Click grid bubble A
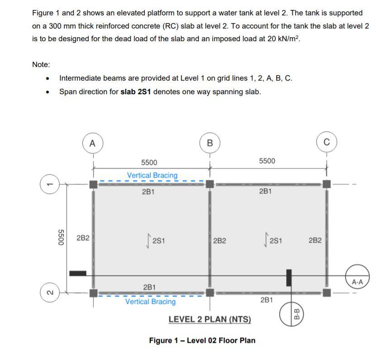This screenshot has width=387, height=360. [93, 143]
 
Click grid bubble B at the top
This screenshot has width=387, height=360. [209, 143]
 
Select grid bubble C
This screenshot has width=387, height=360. [326, 143]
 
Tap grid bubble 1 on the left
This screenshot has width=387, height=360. [51, 184]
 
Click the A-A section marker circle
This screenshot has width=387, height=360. [357, 282]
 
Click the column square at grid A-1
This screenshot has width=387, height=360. [93, 184]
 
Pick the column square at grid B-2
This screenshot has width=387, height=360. [210, 293]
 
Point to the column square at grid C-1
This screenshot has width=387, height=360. [326, 184]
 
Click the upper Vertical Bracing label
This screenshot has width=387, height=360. [152, 175]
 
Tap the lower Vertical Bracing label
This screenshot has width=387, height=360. [150, 302]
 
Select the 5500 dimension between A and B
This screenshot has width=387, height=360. [149, 163]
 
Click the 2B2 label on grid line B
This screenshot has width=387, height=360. [220, 240]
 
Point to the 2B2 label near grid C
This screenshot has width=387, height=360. [315, 240]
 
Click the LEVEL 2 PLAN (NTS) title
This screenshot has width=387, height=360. [210, 319]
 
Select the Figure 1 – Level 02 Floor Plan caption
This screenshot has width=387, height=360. [202, 341]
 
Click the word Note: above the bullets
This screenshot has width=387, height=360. [41, 65]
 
